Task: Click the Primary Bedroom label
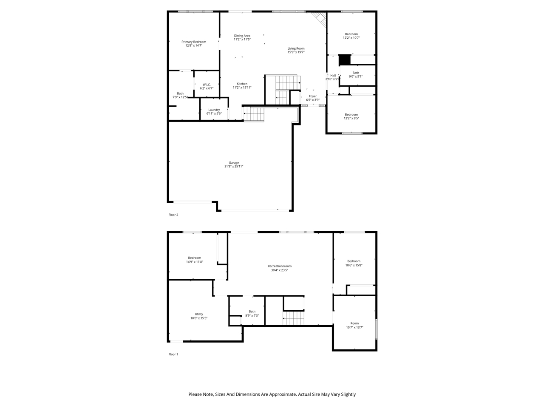194,42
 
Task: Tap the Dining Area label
242,36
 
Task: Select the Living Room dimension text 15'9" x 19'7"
296,52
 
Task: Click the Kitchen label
242,84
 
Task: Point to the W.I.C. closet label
207,85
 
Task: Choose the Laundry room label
214,110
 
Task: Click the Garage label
234,163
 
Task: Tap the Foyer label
313,96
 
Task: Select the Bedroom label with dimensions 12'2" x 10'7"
351,34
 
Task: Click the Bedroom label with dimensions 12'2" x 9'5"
351,114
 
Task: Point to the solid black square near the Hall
344,60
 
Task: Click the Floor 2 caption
173,215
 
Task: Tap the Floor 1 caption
173,354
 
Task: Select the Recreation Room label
280,266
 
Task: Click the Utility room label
199,314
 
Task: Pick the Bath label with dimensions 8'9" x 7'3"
252,312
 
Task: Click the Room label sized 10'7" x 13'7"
354,323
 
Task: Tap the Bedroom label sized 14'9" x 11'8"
195,258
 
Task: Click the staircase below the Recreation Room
294,318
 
